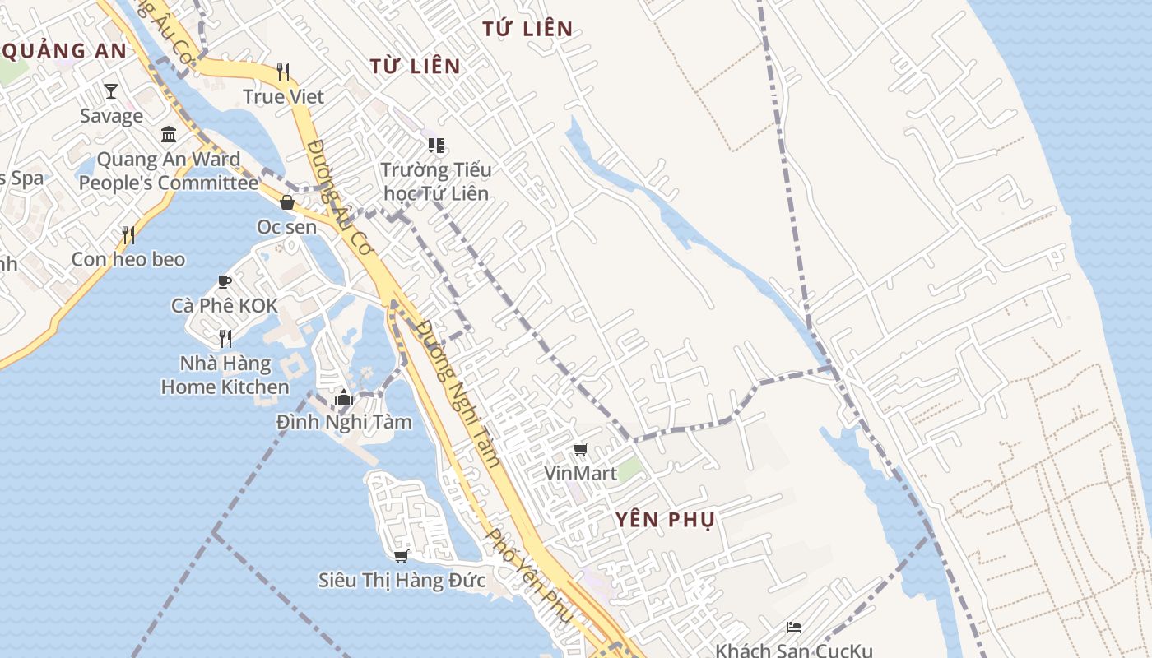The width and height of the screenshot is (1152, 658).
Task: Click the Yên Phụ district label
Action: coord(665,520)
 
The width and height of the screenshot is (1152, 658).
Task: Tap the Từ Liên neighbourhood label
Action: coord(415,66)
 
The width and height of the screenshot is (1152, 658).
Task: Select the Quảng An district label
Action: coord(64,51)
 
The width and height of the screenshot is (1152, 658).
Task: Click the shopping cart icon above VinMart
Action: coord(581,449)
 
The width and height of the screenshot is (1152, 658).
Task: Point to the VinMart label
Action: coord(580,474)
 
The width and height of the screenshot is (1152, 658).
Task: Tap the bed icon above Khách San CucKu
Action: coord(793,628)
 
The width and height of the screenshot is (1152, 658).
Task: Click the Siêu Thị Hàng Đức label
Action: coord(402,580)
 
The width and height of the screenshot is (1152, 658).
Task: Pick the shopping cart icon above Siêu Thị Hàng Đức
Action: coord(402,556)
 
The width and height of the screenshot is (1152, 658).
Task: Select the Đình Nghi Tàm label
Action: coord(344,422)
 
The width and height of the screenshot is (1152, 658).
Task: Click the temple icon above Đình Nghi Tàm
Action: coord(344,399)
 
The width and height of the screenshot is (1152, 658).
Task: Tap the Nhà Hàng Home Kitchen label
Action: coord(225,375)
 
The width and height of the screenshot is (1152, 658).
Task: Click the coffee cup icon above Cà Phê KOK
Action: coord(224,282)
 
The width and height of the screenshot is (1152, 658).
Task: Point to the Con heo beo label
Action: coord(128,259)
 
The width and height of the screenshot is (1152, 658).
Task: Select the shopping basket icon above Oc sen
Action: coord(287,202)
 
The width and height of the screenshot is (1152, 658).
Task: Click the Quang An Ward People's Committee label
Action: coord(168,171)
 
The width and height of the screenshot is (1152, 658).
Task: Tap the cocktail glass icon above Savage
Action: coord(111,91)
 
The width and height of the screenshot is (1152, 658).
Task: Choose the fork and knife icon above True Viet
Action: coord(283,72)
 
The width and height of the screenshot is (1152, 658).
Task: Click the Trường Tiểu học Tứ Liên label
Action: coord(435,182)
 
